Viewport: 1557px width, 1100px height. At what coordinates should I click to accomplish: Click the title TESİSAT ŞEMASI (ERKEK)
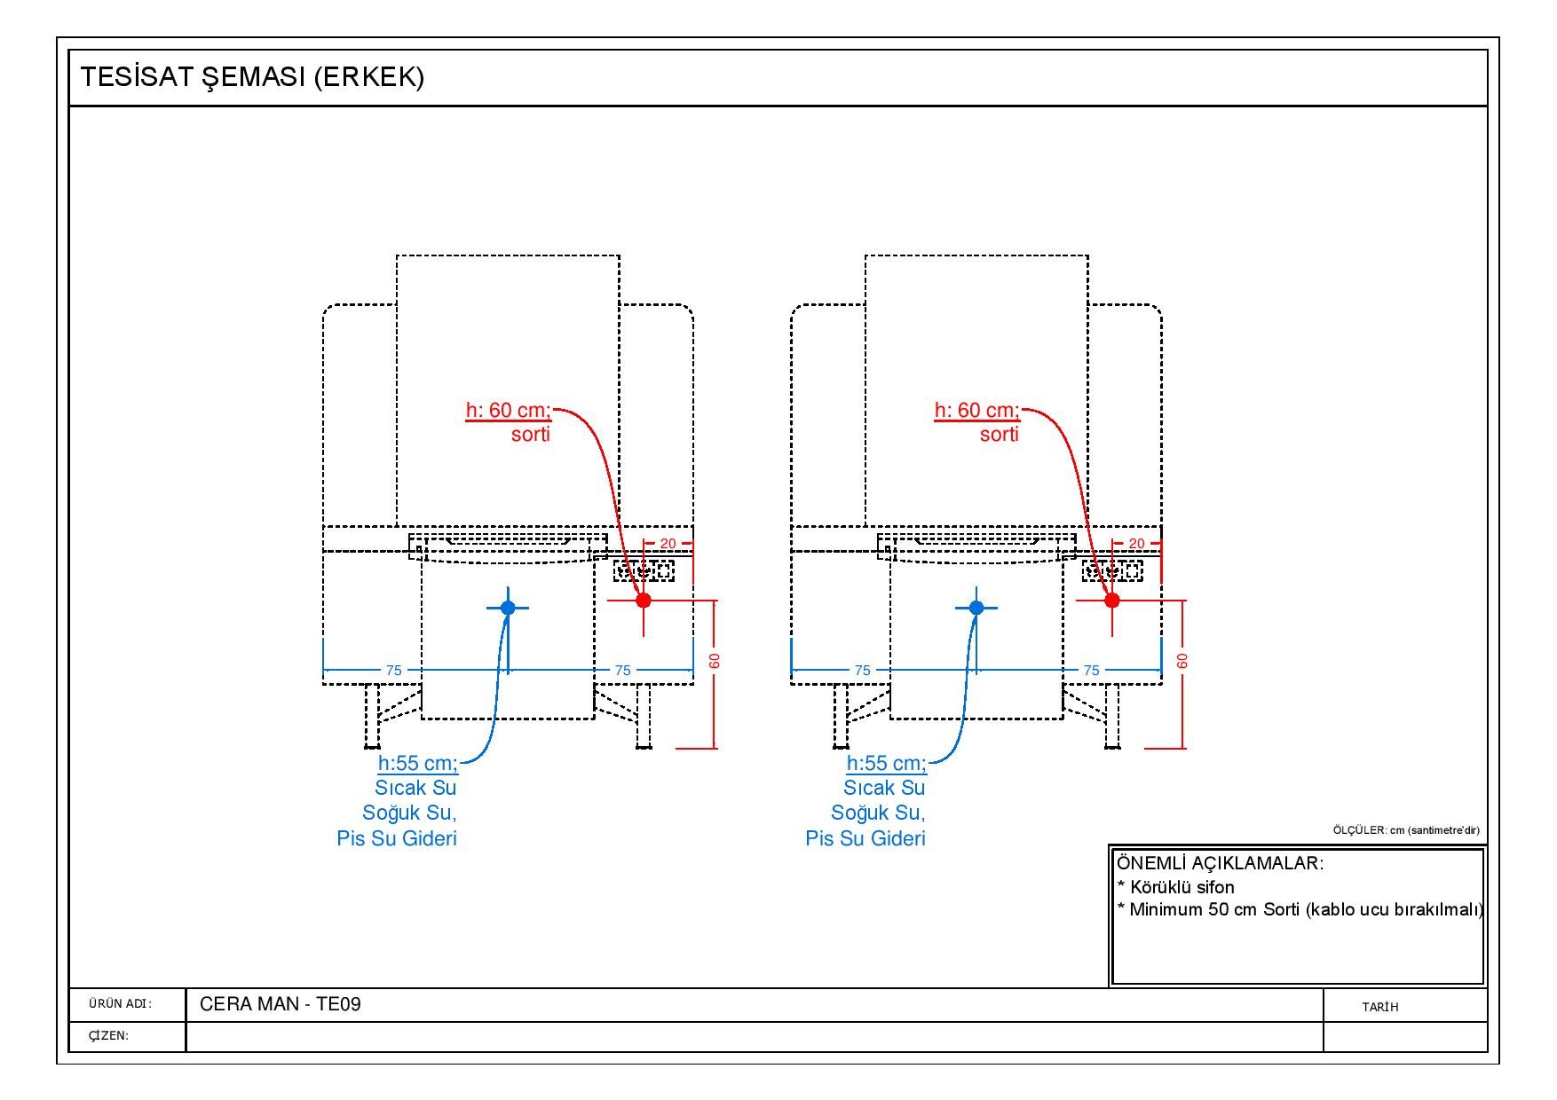(252, 77)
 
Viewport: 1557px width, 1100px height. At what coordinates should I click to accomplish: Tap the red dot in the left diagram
(644, 601)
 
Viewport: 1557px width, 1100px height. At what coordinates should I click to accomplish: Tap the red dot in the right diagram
(1112, 601)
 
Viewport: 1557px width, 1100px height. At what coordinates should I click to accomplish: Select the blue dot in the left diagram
(508, 608)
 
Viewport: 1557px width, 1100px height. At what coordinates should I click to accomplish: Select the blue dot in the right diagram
(976, 608)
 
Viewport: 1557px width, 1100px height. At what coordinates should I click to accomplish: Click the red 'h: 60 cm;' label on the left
(509, 410)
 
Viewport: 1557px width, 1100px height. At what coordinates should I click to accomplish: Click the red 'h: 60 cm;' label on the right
(977, 410)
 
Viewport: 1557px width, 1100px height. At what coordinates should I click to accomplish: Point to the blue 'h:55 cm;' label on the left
(418, 763)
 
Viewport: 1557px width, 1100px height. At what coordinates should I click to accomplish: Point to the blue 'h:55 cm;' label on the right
(887, 763)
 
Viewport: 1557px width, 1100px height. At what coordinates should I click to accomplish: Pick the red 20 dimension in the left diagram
(668, 543)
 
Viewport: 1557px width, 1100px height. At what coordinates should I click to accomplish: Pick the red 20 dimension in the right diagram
(1136, 543)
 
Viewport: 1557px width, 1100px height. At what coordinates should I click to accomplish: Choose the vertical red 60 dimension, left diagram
(715, 661)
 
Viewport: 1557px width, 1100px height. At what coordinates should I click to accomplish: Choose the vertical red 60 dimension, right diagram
(1182, 661)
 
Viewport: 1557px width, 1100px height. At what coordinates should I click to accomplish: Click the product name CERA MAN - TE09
(281, 1004)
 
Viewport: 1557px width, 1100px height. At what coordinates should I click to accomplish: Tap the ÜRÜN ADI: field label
(121, 1004)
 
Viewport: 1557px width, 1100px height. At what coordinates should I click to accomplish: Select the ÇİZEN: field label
(109, 1035)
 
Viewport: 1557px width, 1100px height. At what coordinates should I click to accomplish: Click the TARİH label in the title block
(1380, 1007)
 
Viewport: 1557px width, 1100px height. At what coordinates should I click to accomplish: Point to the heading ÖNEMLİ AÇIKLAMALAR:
(1220, 863)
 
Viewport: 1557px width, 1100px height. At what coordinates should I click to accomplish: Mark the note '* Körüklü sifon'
(1176, 887)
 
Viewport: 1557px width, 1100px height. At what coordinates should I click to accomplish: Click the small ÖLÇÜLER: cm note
(1406, 830)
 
